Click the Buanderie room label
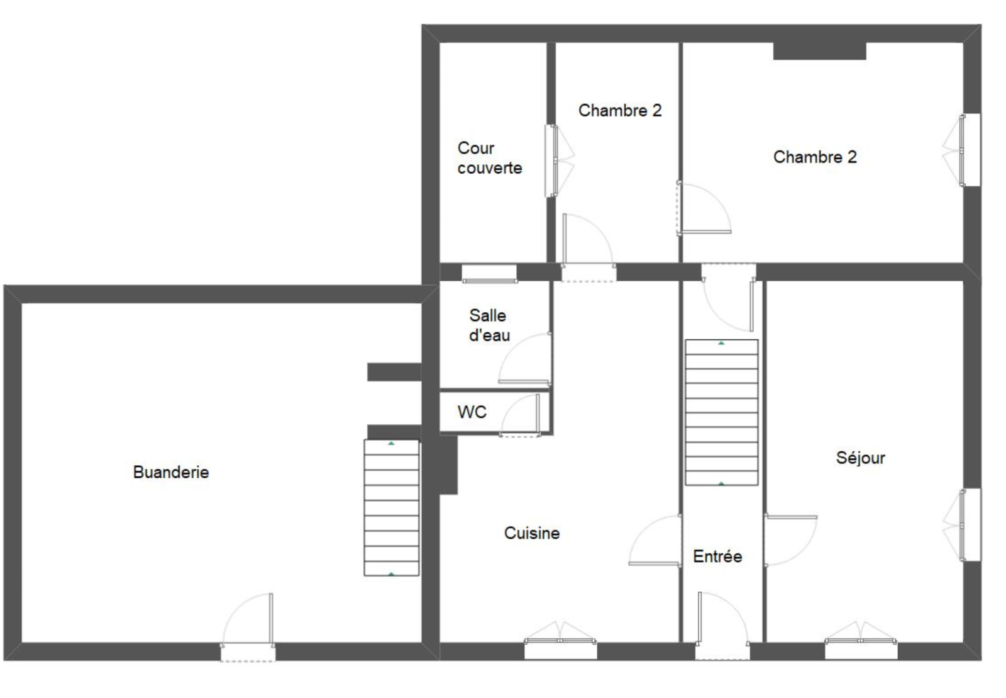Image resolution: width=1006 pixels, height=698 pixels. click(171, 473)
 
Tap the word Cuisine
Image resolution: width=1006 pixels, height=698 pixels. click(532, 533)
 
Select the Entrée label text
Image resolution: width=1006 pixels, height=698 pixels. click(717, 556)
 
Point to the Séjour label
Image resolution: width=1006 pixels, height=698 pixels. click(861, 458)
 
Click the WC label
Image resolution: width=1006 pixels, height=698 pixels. click(472, 412)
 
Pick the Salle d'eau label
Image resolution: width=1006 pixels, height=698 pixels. click(489, 325)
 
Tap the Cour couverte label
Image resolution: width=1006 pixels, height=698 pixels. click(490, 158)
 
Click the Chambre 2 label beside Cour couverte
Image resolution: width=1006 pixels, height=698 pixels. click(620, 111)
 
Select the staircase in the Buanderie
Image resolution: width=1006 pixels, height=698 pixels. click(392, 508)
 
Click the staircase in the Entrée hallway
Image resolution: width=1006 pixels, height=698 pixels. click(722, 413)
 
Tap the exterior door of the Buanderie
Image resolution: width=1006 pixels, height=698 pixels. click(248, 628)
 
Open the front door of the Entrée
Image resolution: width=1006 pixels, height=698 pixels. click(722, 626)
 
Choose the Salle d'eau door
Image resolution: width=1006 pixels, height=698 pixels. click(525, 359)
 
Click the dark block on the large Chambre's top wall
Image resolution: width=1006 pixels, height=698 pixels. click(820, 51)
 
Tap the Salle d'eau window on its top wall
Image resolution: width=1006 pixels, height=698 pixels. click(490, 274)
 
